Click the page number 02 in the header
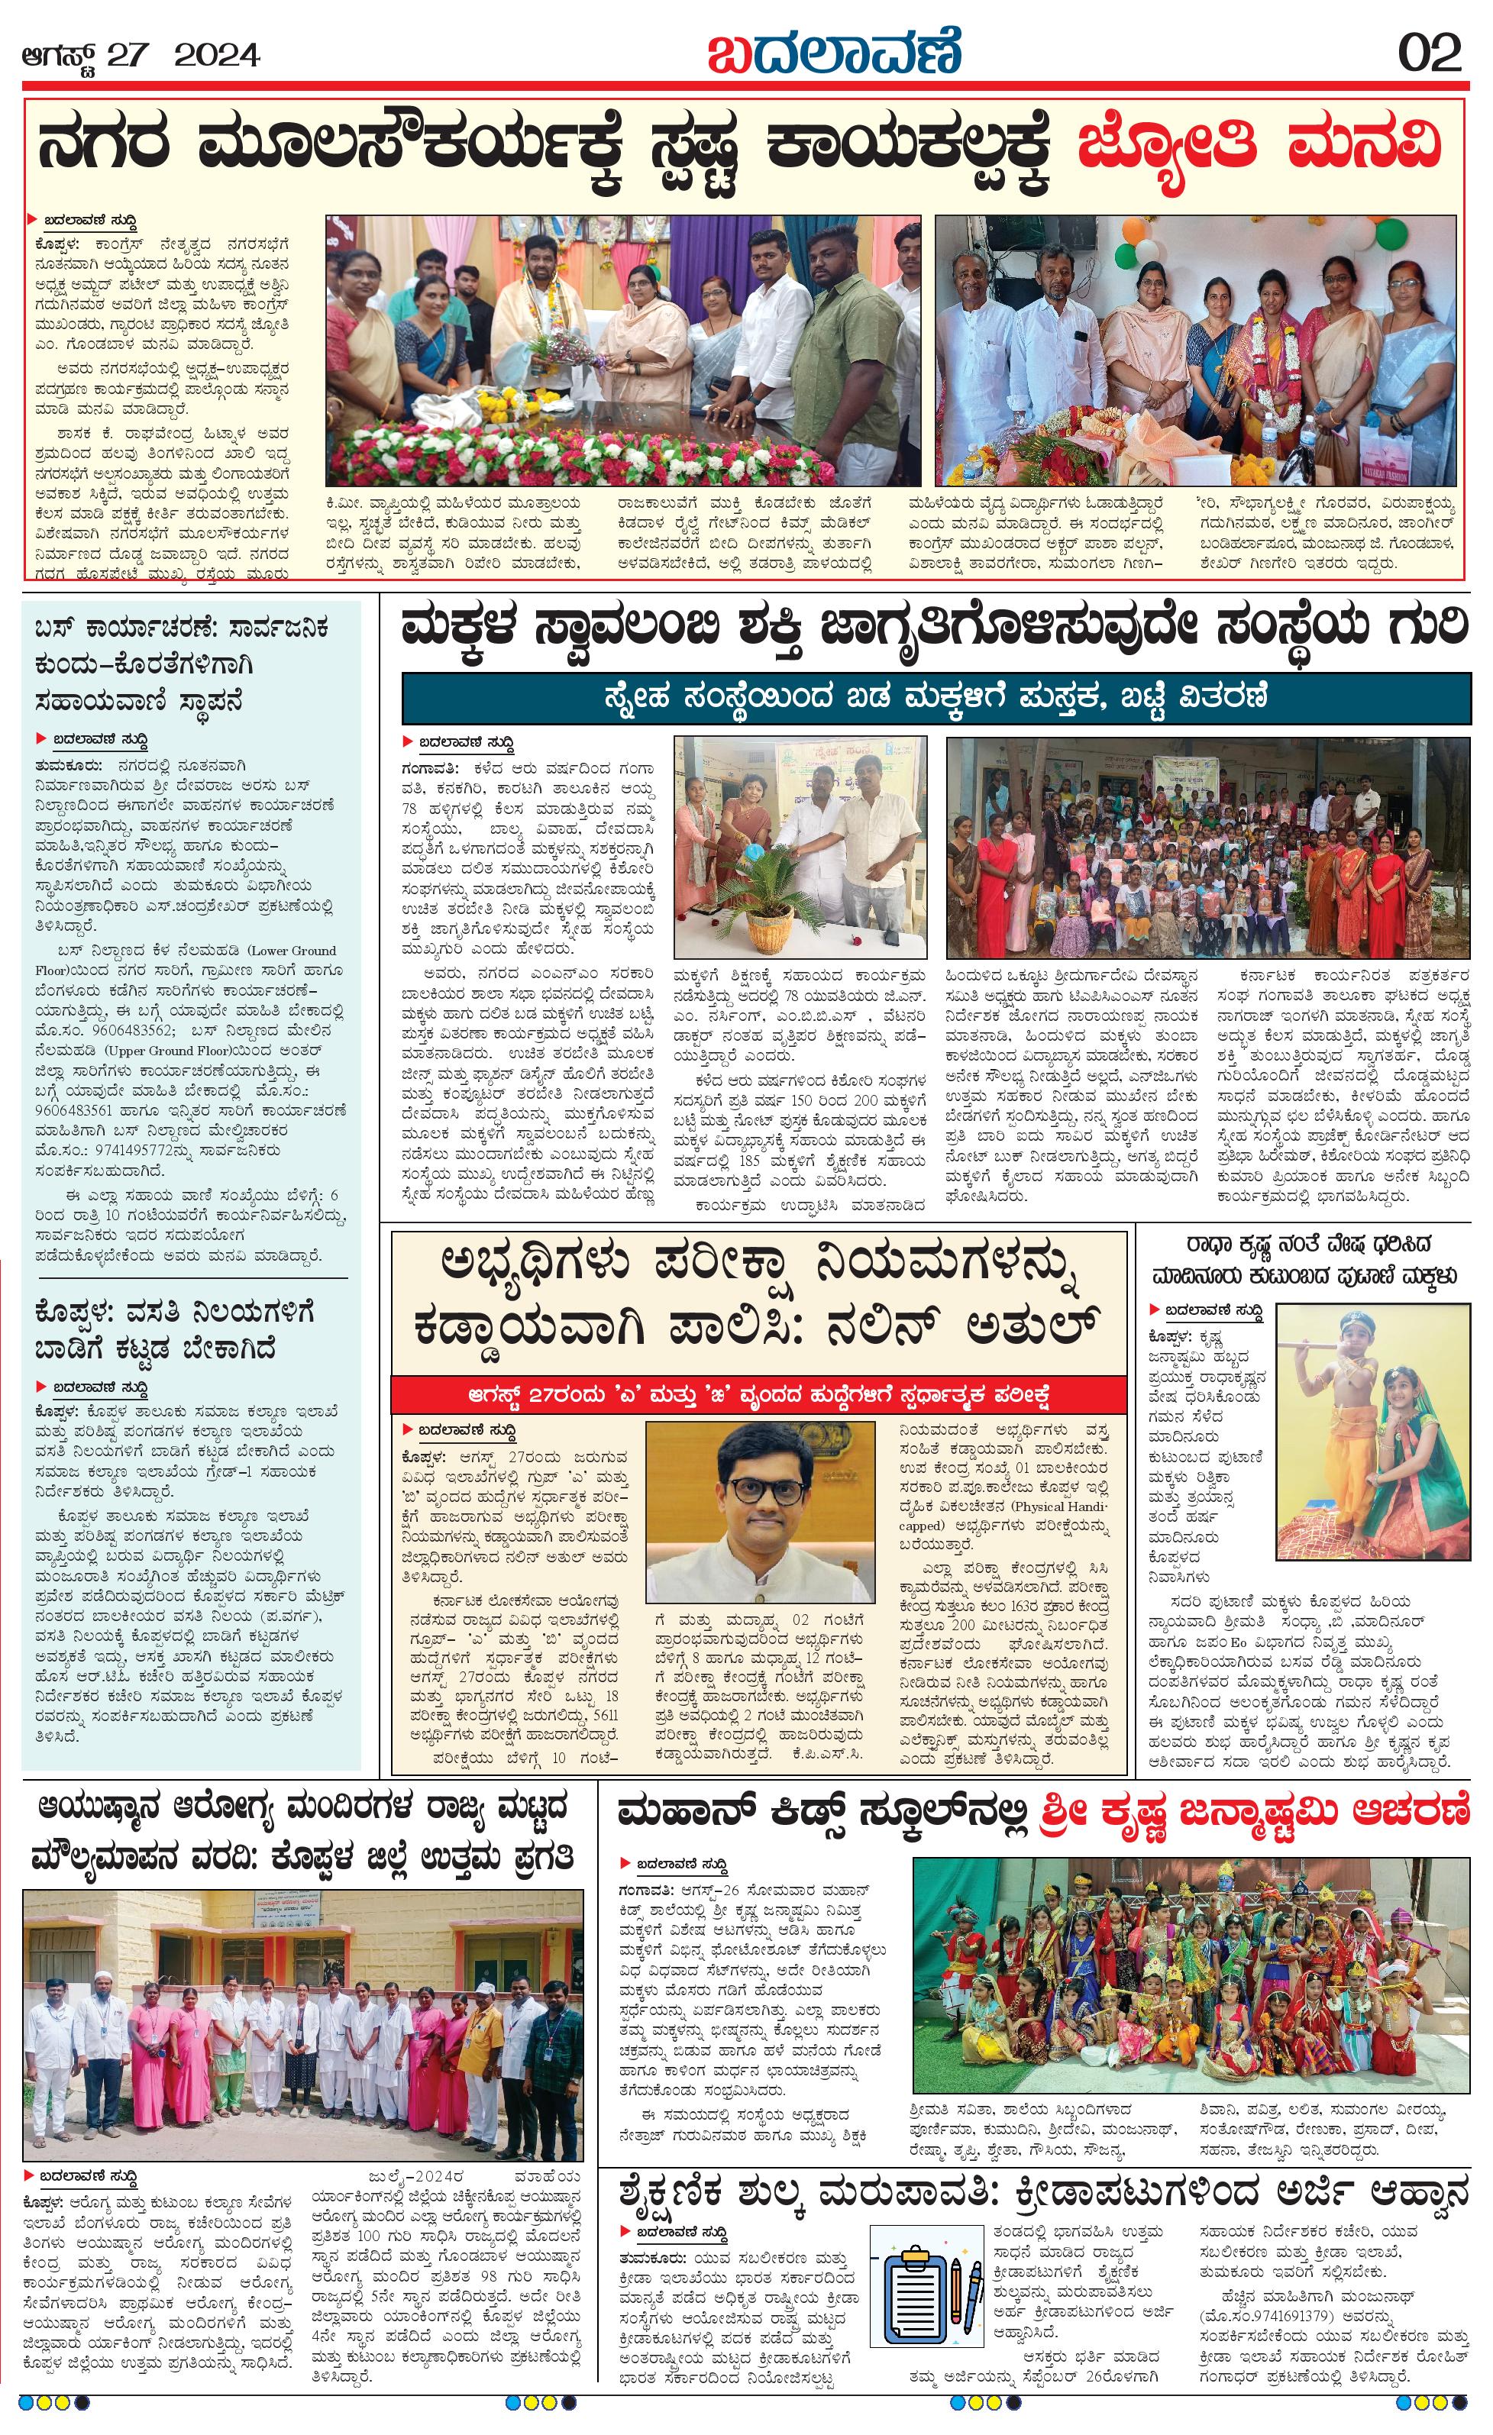pos(1429,53)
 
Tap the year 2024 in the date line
pos(218,55)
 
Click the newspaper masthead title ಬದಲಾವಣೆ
pos(833,51)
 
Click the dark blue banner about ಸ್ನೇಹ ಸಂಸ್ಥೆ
pos(935,698)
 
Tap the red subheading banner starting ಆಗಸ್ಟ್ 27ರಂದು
pos(758,1395)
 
